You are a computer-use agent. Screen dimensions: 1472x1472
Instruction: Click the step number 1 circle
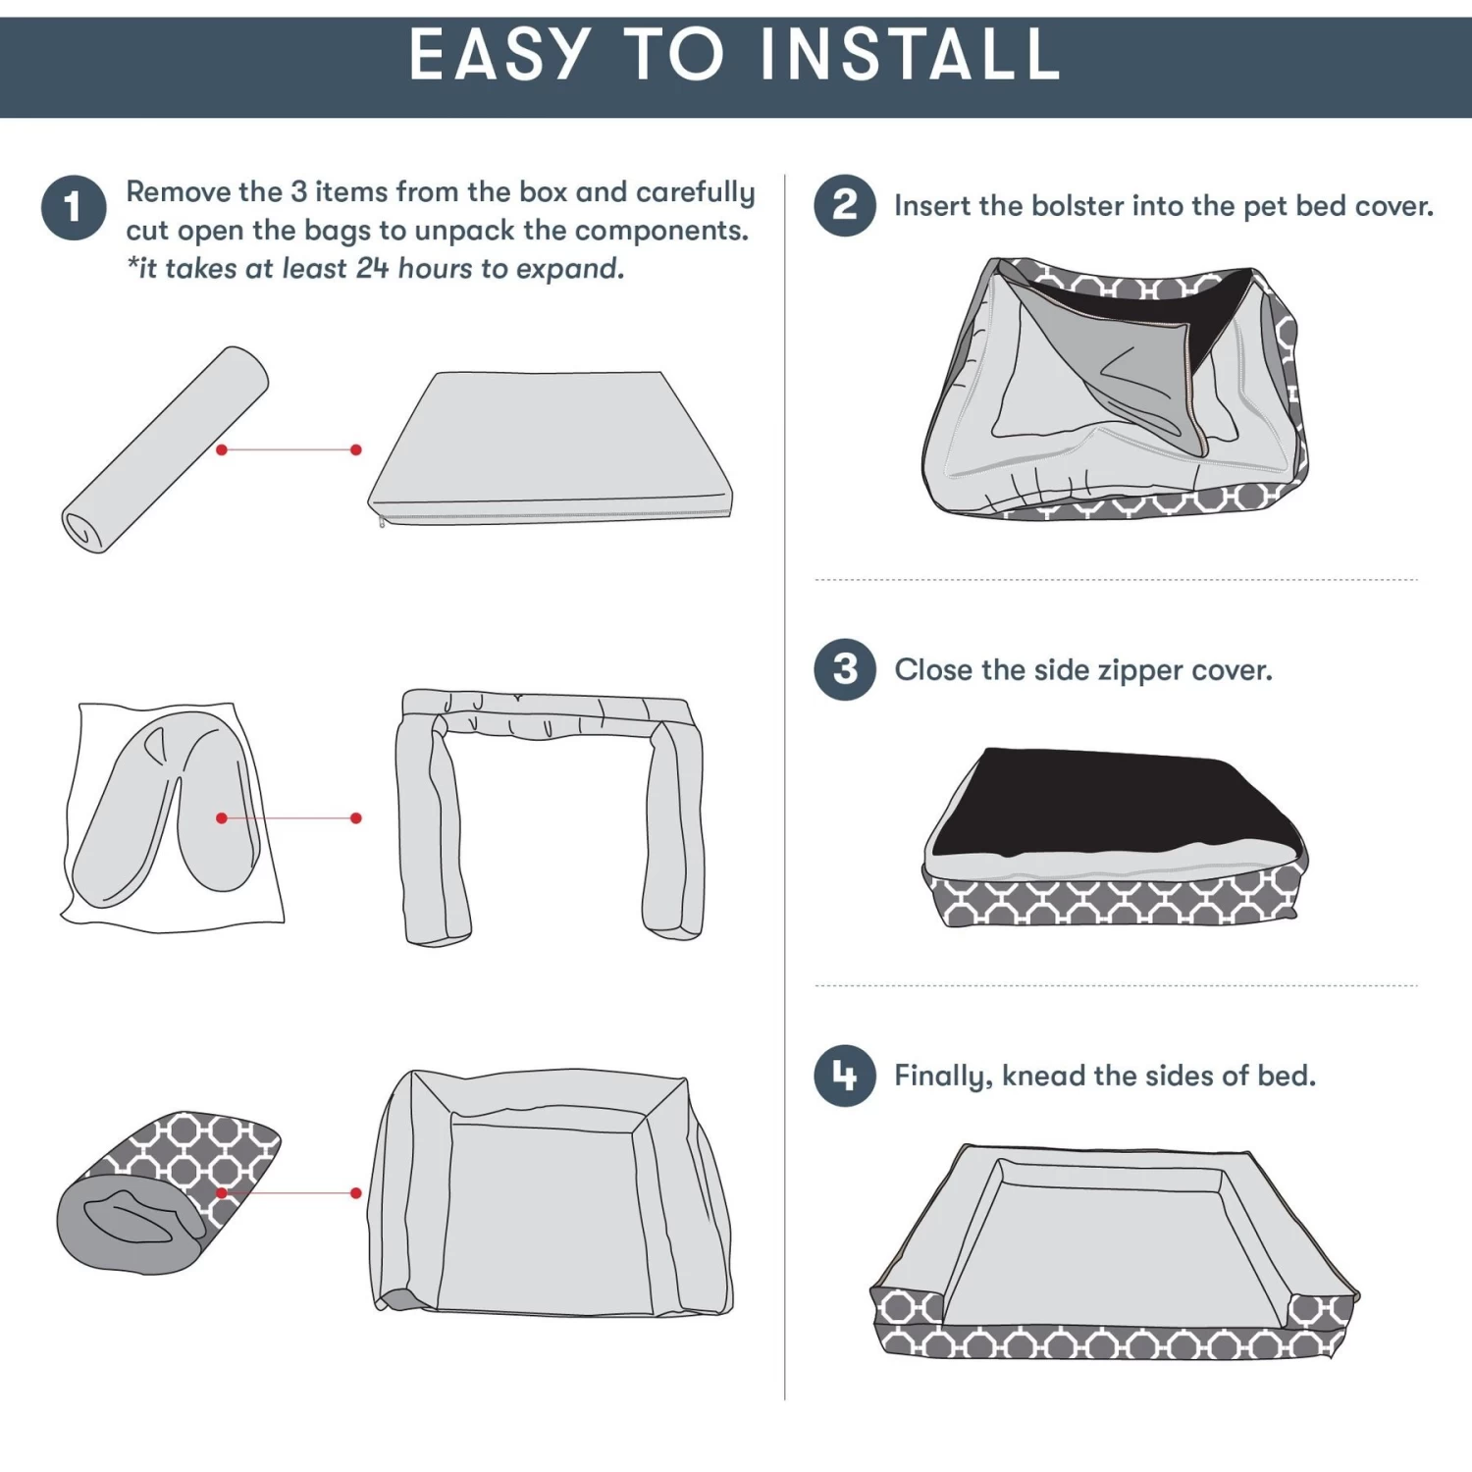point(74,208)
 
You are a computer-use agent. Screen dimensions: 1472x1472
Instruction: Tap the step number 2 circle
point(845,205)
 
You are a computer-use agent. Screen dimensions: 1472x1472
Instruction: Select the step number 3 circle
point(845,669)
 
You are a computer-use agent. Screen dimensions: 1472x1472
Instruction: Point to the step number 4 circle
point(845,1076)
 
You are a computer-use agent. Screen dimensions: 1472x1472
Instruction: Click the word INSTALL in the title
point(911,54)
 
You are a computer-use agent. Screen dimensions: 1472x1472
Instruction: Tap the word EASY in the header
point(499,54)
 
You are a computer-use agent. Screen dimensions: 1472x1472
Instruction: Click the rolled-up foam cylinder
point(165,449)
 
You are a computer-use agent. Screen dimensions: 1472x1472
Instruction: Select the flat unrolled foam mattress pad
point(551,448)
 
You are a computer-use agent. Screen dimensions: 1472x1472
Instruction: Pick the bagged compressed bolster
point(173,816)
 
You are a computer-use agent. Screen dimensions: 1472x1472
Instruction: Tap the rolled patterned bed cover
point(168,1192)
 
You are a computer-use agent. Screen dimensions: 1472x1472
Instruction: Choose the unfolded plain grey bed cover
point(551,1192)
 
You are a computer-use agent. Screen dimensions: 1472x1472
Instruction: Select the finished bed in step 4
point(1115,1252)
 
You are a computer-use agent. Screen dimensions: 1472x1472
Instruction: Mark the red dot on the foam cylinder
point(222,449)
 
